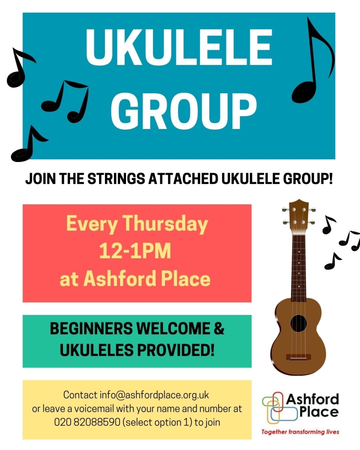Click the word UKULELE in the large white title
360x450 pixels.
click(x=179, y=48)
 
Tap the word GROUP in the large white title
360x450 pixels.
click(x=184, y=111)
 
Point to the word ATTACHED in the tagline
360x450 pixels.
click(x=183, y=179)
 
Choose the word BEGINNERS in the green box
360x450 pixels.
click(x=91, y=328)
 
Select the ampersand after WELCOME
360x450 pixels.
click(x=219, y=328)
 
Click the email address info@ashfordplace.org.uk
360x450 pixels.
click(x=154, y=395)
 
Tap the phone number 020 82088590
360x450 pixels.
click(x=87, y=422)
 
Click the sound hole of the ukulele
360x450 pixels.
click(x=298, y=324)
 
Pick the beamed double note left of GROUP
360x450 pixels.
click(x=65, y=102)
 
